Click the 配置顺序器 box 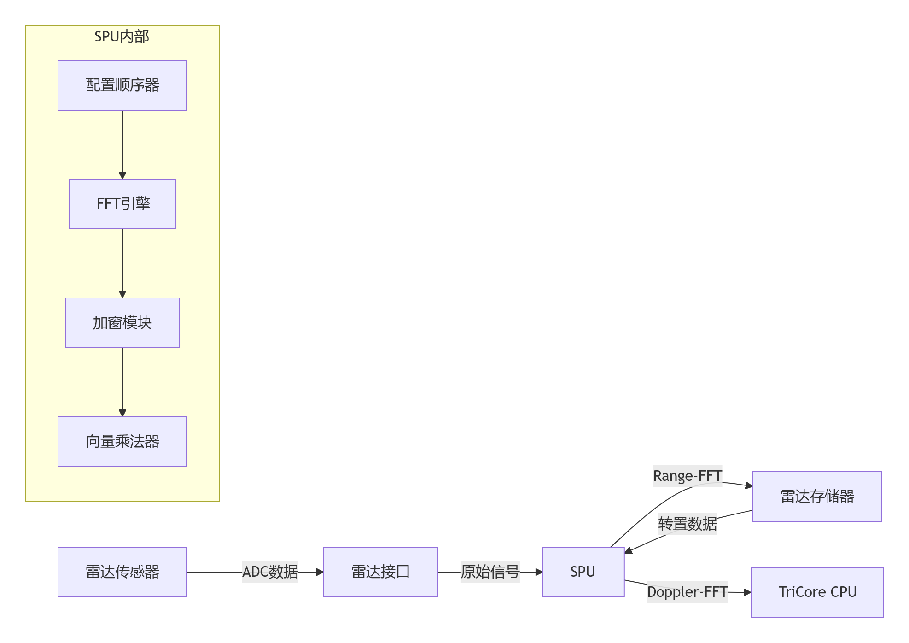point(122,85)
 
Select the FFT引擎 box point(122,204)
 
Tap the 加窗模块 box point(122,323)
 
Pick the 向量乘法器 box point(122,442)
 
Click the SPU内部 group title point(122,37)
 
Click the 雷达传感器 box point(122,572)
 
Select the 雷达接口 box point(380,572)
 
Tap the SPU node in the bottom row point(583,572)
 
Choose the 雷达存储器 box point(817,497)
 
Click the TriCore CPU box point(817,592)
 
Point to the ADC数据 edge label point(270,572)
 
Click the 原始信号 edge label point(490,572)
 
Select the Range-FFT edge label point(687,476)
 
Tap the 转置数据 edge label point(687,524)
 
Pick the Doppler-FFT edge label point(687,592)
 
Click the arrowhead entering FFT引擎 point(122,175)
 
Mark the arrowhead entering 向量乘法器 point(122,413)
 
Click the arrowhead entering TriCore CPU point(747,592)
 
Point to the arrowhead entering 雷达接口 point(320,572)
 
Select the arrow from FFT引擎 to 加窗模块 point(122,263)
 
